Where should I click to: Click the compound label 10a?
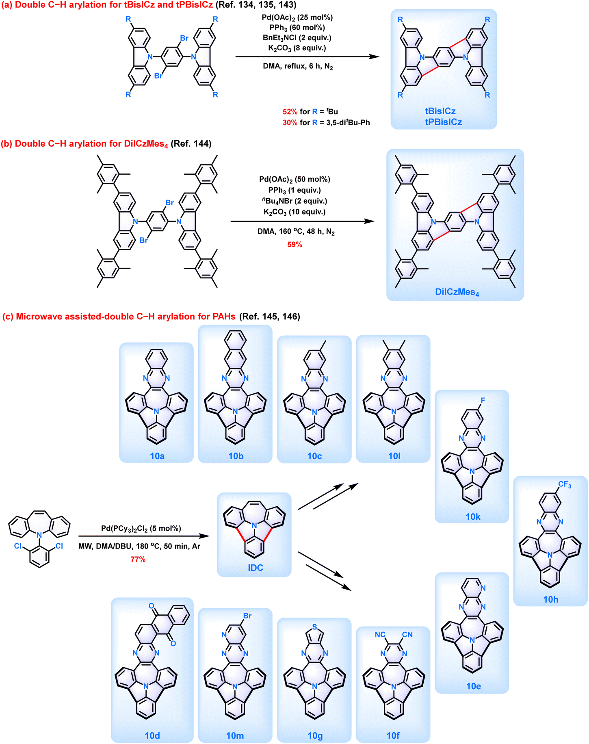[157, 456]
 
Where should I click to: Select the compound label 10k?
[473, 517]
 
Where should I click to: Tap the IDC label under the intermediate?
[256, 568]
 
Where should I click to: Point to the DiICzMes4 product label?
[457, 292]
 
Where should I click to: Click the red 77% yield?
[138, 560]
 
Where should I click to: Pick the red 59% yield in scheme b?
[294, 245]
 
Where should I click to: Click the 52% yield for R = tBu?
[290, 112]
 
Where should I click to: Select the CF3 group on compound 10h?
[565, 485]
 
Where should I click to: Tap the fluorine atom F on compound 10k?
[483, 401]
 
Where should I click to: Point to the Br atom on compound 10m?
[247, 616]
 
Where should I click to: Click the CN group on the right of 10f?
[407, 635]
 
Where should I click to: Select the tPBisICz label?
[444, 122]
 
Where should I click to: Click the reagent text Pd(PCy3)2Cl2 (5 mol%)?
[141, 529]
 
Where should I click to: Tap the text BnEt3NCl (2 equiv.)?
[297, 38]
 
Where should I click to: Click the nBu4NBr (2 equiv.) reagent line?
[294, 201]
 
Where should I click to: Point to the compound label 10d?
[152, 735]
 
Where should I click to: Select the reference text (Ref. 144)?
[191, 144]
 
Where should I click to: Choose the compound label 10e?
[474, 686]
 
